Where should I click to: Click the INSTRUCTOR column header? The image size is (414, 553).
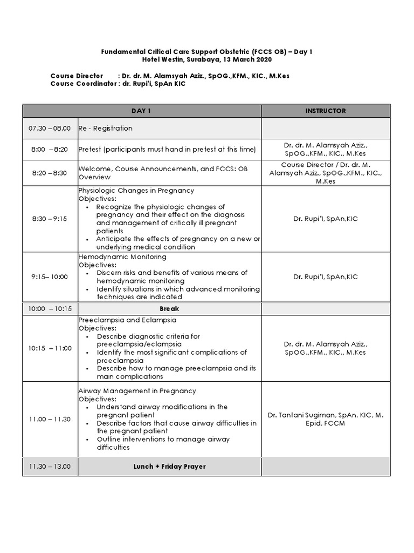(x=325, y=111)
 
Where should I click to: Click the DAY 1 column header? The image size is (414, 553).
(x=141, y=111)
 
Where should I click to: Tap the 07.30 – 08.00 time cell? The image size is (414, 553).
(x=50, y=129)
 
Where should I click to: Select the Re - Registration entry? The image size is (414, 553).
(x=105, y=129)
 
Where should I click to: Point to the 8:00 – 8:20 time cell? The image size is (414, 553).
(x=50, y=149)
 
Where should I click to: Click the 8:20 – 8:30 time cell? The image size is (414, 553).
(x=50, y=173)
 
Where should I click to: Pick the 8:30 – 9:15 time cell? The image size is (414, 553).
(x=50, y=219)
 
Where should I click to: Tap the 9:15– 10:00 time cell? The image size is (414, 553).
(x=50, y=276)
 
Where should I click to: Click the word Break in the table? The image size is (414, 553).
(x=169, y=309)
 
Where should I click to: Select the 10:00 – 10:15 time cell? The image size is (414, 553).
(x=50, y=309)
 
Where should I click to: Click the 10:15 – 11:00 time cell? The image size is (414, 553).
(x=50, y=348)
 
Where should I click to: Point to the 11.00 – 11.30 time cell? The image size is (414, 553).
(x=50, y=419)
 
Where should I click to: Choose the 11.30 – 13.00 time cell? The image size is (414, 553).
(x=50, y=467)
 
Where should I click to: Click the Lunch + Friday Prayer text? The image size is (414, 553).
(x=169, y=467)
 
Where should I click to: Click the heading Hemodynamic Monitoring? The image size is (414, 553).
(x=122, y=257)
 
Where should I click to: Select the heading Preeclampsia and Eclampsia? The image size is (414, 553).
(x=123, y=320)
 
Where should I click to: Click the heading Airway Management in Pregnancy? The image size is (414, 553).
(x=137, y=391)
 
